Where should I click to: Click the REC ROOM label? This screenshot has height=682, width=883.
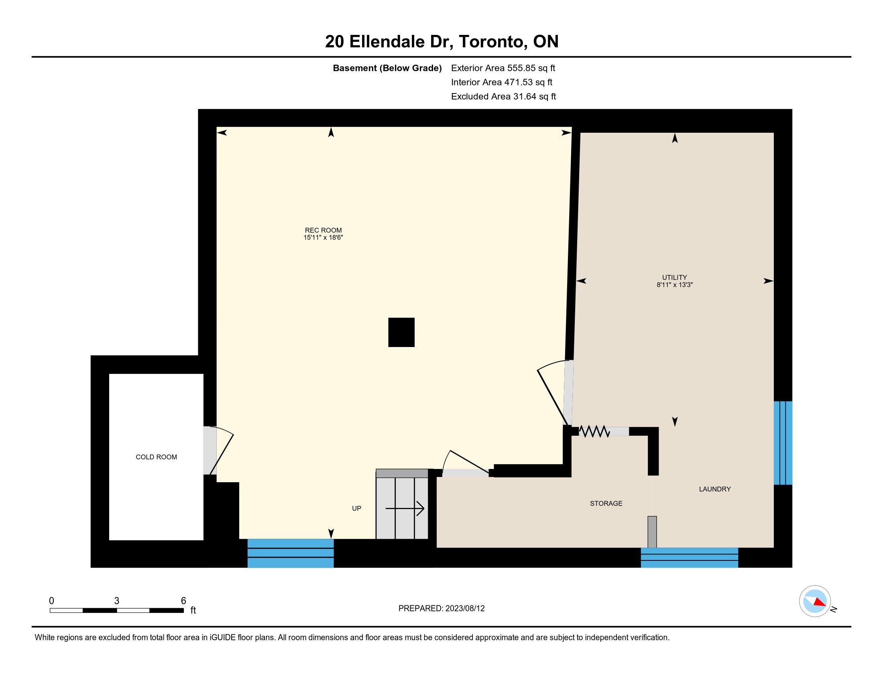(323, 230)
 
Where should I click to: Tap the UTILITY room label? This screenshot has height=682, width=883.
(674, 278)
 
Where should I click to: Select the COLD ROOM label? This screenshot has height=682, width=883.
(156, 457)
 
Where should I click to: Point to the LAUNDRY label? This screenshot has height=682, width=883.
(715, 489)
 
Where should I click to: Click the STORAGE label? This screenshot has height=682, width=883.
(606, 503)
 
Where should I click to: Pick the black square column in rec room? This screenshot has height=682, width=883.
(401, 332)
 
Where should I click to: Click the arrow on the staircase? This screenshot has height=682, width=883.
(405, 508)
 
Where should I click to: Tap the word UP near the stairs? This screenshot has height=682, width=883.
(356, 508)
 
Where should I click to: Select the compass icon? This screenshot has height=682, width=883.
(815, 601)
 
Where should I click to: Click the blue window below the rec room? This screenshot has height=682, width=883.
(290, 553)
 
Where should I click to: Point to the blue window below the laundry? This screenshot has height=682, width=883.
(689, 558)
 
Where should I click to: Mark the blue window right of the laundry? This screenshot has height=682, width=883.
(783, 443)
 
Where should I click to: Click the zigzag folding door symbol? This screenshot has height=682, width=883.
(594, 432)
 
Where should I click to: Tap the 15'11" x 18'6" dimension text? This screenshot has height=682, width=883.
(323, 237)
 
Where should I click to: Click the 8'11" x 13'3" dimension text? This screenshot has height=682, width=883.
(674, 285)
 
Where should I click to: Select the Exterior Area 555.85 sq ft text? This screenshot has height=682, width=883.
(503, 68)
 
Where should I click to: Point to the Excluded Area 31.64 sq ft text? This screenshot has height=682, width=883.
(503, 96)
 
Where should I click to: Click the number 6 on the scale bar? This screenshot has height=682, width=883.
(183, 601)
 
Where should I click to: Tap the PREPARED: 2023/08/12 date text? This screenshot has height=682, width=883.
(441, 609)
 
